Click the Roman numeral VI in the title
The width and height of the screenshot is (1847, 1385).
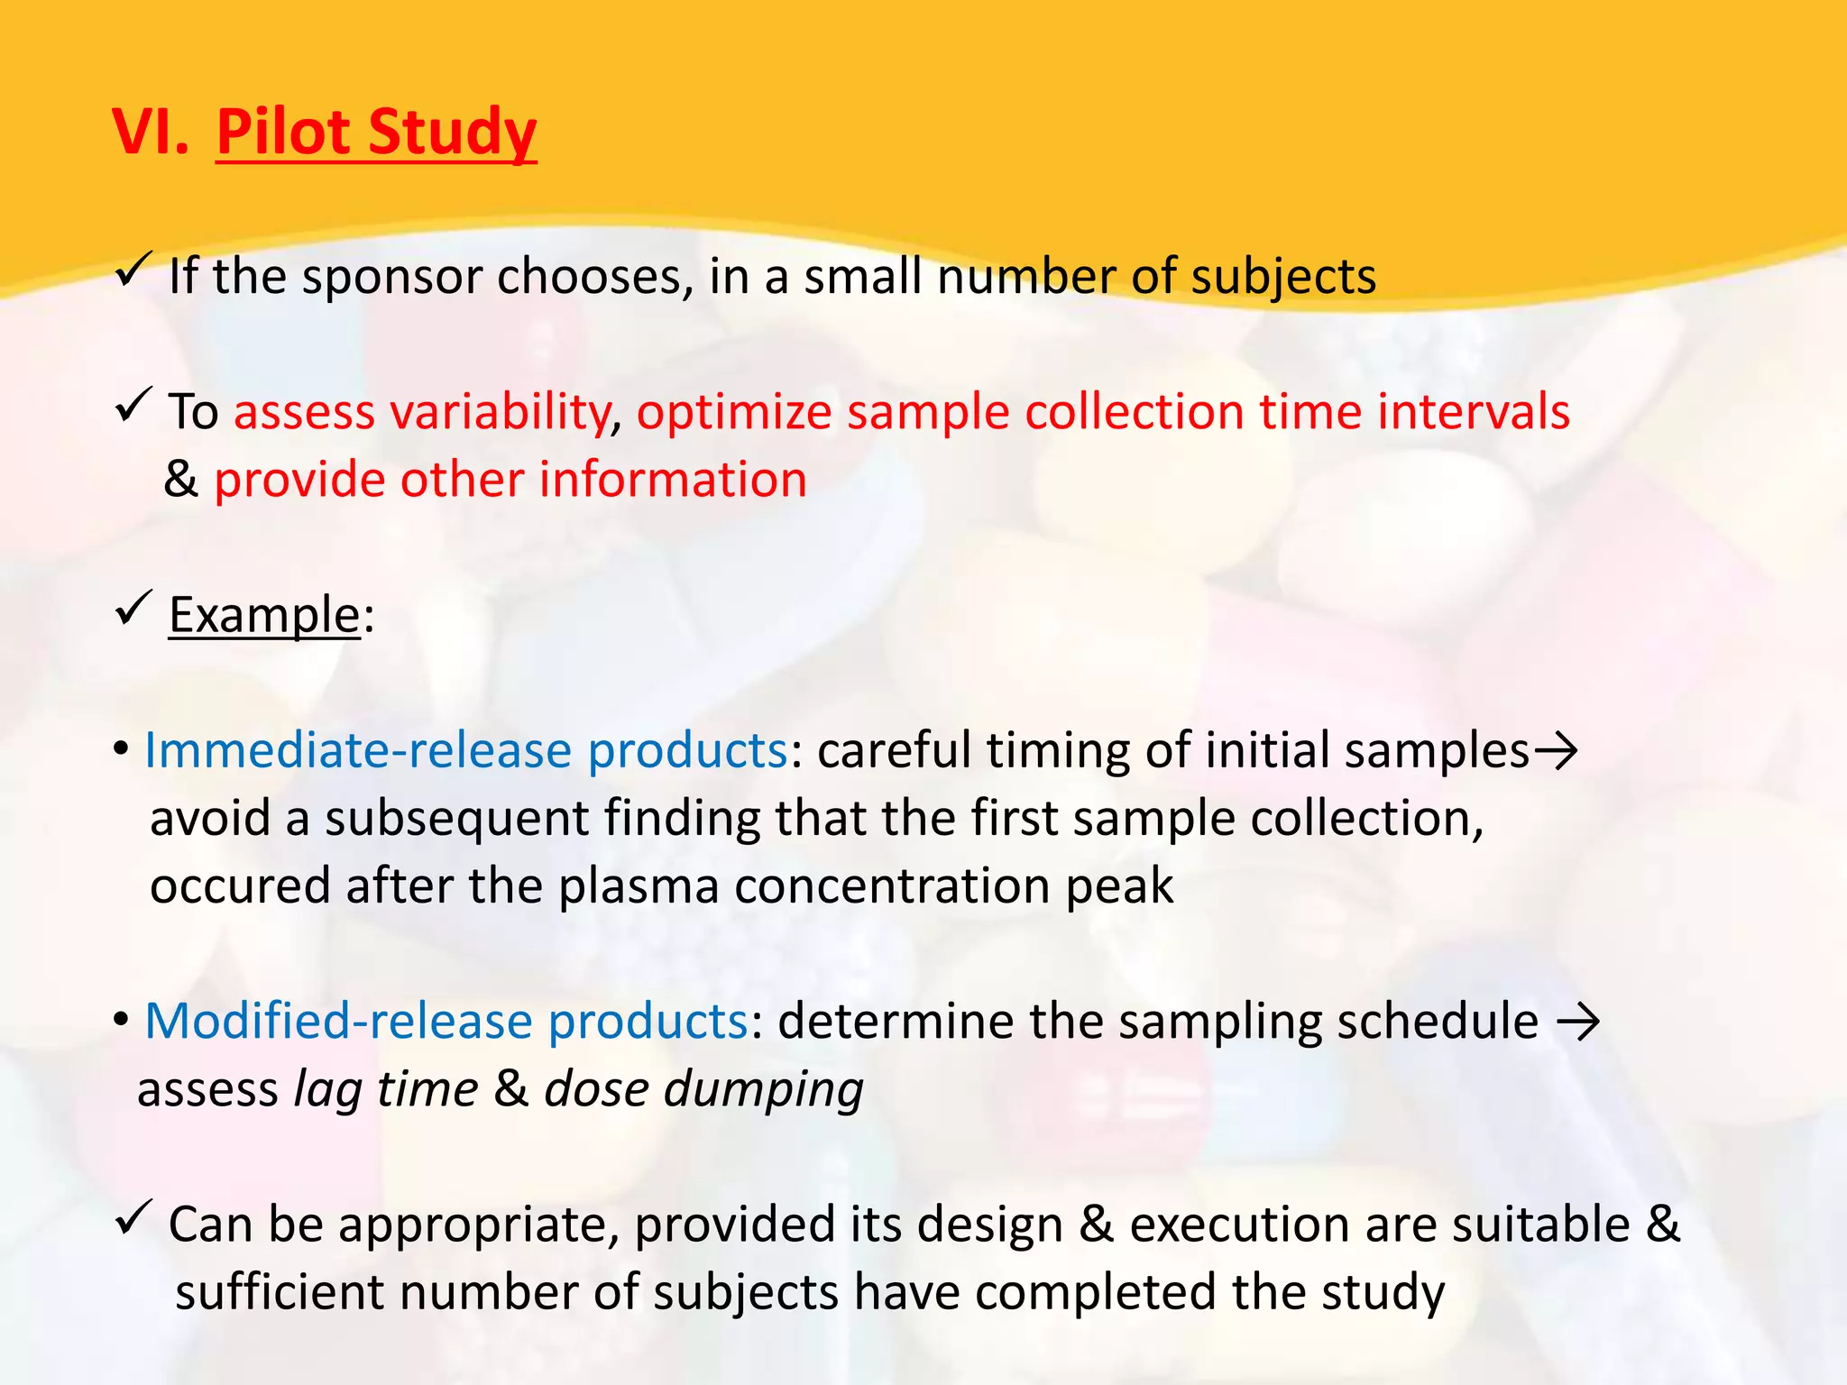click(x=150, y=133)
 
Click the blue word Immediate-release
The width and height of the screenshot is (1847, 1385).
click(x=358, y=750)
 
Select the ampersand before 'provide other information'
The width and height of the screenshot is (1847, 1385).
click(x=181, y=480)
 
